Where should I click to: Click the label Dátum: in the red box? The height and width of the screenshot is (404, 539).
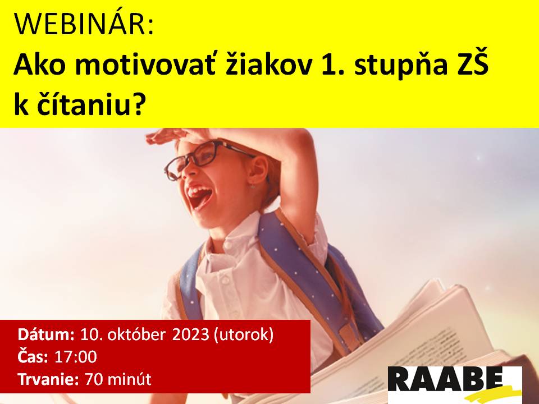(46, 334)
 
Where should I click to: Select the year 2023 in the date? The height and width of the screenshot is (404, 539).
(190, 334)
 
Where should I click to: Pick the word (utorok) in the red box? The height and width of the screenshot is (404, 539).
(244, 335)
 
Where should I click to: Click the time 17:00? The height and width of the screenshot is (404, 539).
(76, 357)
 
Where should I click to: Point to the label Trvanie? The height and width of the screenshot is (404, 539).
(48, 379)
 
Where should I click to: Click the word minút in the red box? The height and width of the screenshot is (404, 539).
(129, 379)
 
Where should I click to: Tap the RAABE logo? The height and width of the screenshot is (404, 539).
(455, 384)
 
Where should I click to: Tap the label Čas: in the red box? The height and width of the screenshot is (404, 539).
(33, 356)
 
